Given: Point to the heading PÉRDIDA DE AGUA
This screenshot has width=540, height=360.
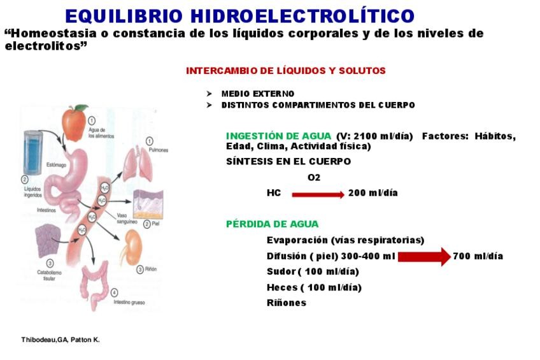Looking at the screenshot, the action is pyautogui.click(x=272, y=224).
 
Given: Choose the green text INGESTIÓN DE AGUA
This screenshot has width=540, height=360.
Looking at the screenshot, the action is pyautogui.click(x=278, y=136).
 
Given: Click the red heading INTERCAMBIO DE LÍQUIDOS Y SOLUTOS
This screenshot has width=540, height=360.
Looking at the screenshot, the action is pyautogui.click(x=286, y=71).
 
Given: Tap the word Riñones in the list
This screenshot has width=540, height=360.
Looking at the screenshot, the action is pyautogui.click(x=286, y=303).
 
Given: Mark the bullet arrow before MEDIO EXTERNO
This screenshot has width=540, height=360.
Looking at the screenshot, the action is pyautogui.click(x=209, y=94).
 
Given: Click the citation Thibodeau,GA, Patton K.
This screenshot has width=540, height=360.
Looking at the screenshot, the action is pyautogui.click(x=60, y=340).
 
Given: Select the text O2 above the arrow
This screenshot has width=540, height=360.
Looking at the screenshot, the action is pyautogui.click(x=314, y=178).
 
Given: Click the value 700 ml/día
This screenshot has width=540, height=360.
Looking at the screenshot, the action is pyautogui.click(x=478, y=256).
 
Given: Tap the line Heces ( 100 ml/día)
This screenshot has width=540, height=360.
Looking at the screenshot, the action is pyautogui.click(x=314, y=287).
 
